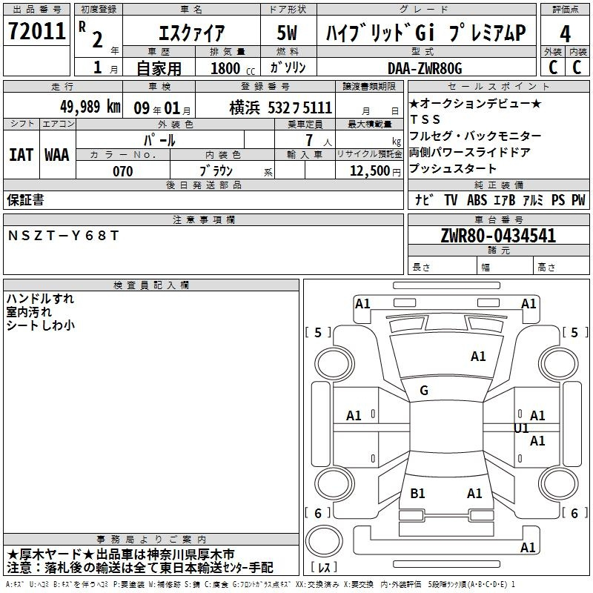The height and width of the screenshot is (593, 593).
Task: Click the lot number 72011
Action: [x=36, y=30]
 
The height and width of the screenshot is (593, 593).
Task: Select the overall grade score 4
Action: [x=565, y=34]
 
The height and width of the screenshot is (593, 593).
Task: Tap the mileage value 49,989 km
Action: [x=90, y=107]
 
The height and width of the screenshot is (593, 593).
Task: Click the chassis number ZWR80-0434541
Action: [x=498, y=236]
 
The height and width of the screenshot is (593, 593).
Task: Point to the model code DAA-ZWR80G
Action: [x=425, y=68]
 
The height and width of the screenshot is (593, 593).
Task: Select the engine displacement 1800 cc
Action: [x=233, y=68]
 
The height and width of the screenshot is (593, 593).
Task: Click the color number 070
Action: [x=123, y=171]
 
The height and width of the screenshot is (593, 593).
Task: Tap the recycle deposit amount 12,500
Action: [x=370, y=171]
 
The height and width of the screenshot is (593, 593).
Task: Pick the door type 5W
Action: [x=287, y=33]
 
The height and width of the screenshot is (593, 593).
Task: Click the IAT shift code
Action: [x=21, y=155]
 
